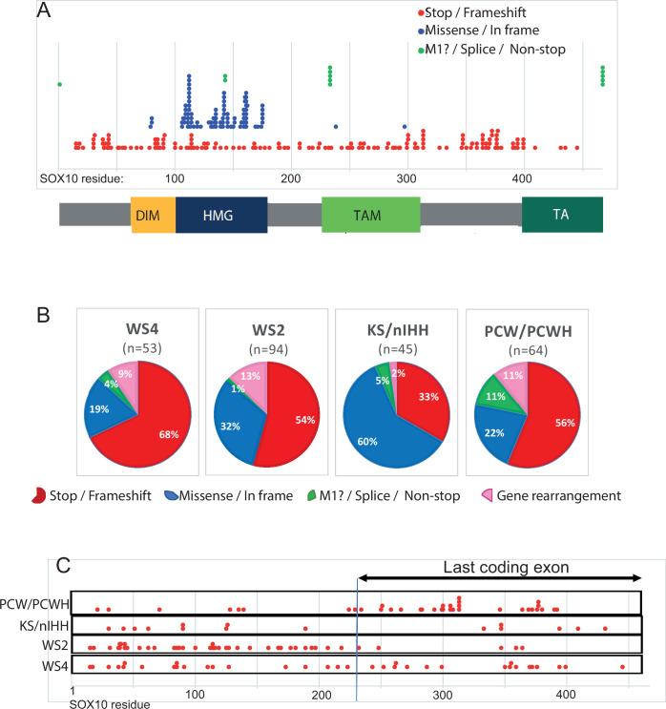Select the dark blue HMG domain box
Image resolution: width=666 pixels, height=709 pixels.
pos(221,216)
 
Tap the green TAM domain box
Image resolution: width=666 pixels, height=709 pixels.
pos(370,216)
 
